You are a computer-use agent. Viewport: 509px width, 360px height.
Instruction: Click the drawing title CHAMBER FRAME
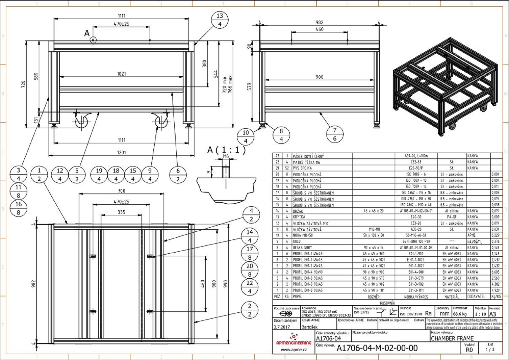coord(452,339)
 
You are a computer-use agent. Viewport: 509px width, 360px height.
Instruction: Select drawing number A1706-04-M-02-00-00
coord(377,348)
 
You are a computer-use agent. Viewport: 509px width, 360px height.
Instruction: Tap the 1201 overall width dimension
coord(121,152)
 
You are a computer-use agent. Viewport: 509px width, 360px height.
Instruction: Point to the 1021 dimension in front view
coord(121,74)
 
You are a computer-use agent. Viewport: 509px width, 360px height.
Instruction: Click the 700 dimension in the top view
coord(121,191)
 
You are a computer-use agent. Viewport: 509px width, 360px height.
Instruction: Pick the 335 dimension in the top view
coord(121,212)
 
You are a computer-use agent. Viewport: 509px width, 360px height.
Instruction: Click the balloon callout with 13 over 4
coord(220,20)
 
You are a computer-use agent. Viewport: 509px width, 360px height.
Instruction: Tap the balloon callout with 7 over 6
coord(335,134)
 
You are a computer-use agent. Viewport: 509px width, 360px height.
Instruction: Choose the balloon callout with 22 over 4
coord(250,287)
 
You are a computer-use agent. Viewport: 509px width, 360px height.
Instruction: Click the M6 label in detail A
coord(226,156)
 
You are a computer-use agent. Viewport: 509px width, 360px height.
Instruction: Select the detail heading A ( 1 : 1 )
coord(226,150)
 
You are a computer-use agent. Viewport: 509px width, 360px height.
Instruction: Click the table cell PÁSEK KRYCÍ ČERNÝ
coord(308,156)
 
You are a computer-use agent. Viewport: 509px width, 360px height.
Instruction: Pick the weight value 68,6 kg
coord(459,314)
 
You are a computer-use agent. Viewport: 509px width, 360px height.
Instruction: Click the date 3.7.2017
coord(282,327)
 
